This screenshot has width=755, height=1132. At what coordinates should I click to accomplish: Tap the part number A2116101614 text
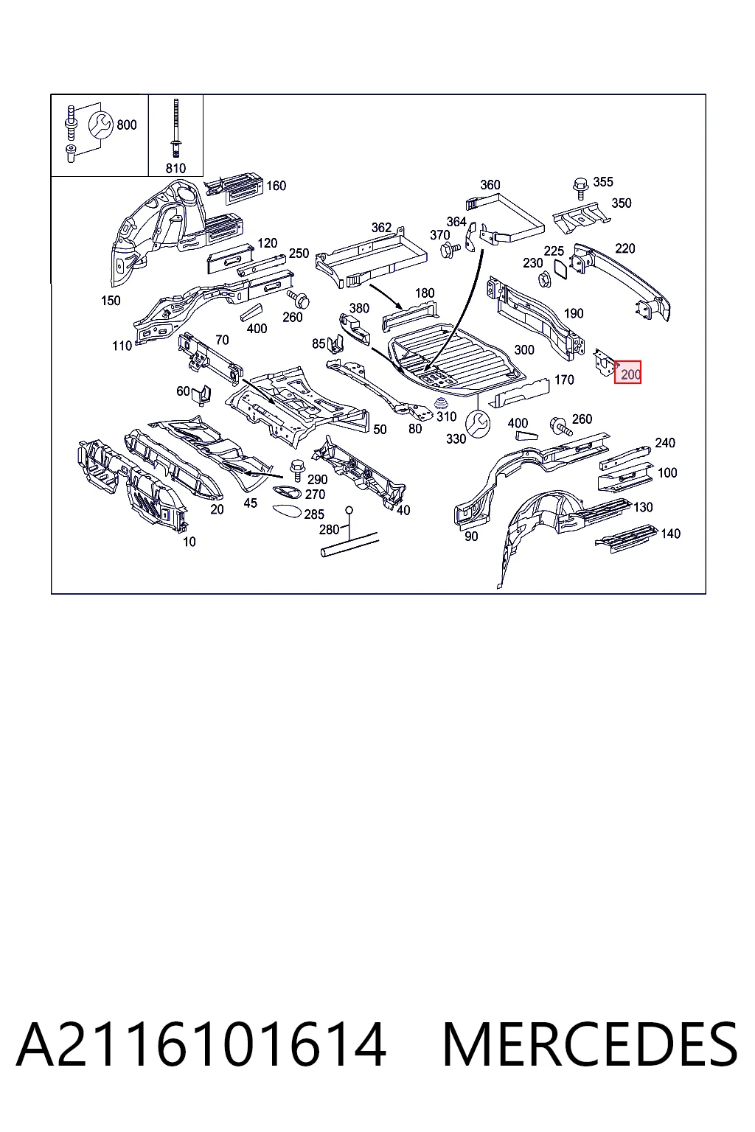click(201, 1044)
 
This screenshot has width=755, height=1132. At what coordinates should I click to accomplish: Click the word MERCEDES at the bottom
click(590, 1044)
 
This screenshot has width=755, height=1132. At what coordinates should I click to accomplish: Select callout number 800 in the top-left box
click(126, 125)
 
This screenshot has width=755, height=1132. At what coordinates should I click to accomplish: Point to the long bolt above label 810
click(175, 128)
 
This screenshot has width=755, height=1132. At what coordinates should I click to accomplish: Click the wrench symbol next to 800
click(100, 125)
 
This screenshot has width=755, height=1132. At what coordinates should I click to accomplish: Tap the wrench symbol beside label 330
click(478, 424)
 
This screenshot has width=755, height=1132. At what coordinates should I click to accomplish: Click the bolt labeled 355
click(580, 188)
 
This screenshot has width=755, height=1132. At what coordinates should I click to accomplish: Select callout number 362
click(381, 228)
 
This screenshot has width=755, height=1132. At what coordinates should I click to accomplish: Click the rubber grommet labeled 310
click(441, 405)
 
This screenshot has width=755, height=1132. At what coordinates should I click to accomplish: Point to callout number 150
click(111, 301)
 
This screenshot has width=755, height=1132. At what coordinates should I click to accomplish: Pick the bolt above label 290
click(297, 470)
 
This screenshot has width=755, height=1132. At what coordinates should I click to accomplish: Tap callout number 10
click(189, 542)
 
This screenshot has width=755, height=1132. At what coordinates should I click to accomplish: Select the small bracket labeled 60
click(202, 395)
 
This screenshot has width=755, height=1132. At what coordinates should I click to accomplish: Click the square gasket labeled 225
click(561, 269)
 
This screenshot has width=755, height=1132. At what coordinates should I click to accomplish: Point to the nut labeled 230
click(545, 279)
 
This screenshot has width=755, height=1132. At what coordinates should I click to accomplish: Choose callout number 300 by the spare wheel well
click(524, 350)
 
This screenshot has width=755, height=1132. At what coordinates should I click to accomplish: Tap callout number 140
click(670, 534)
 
